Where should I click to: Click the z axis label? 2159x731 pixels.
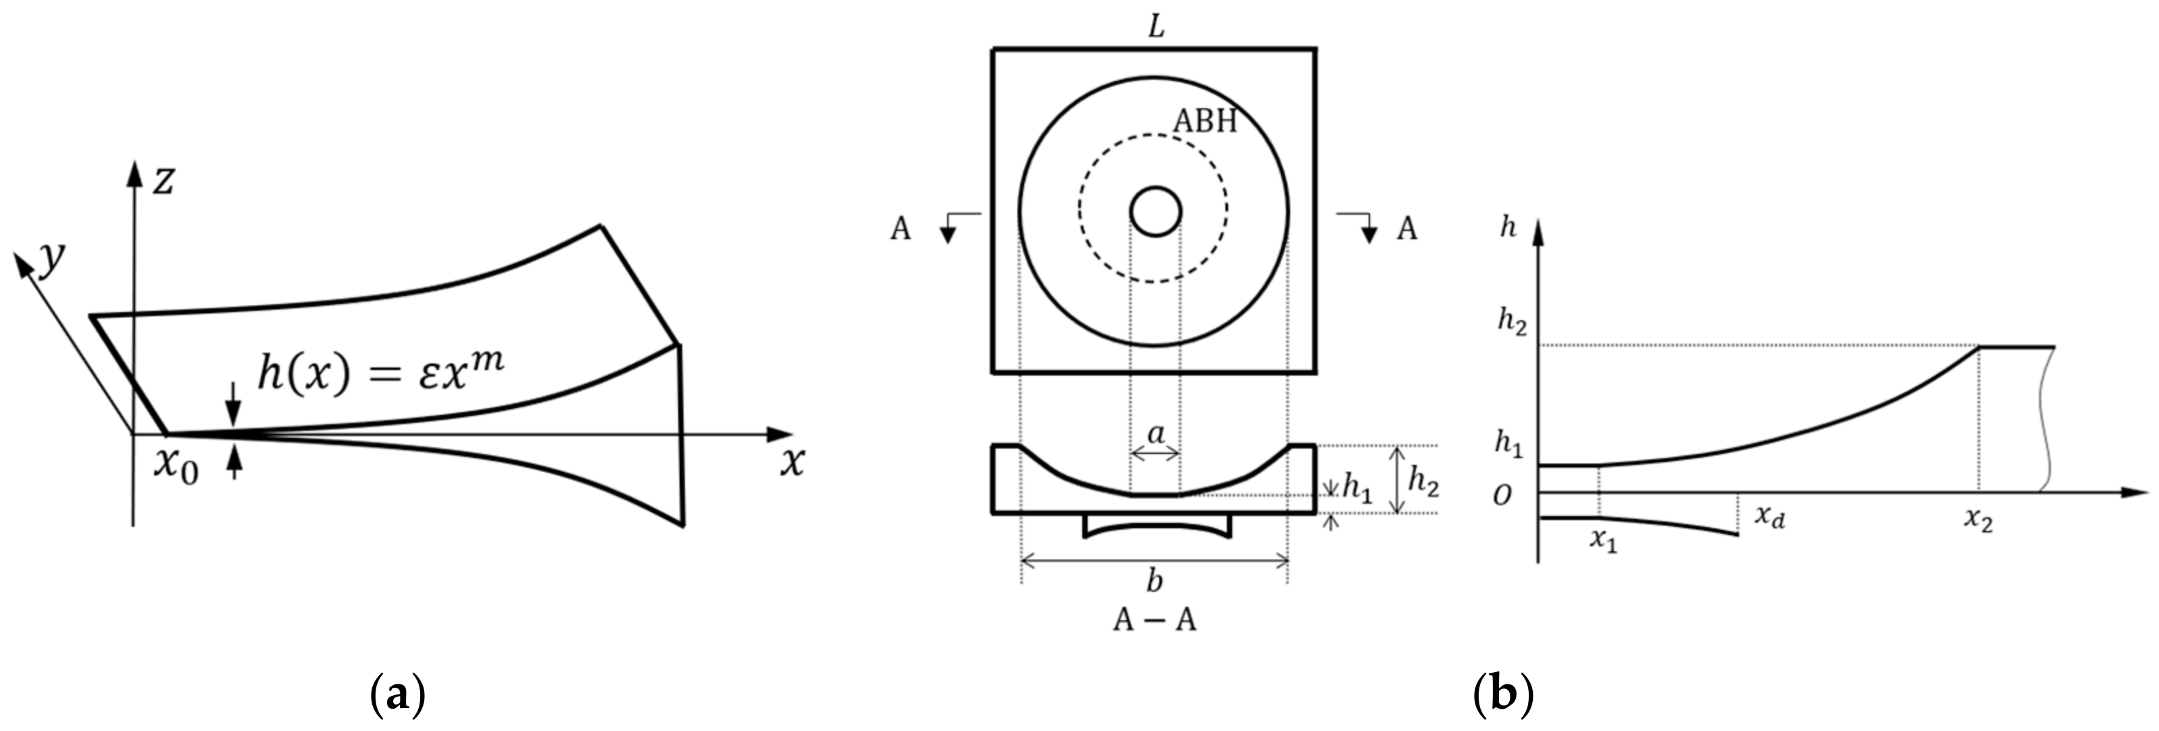tap(163, 180)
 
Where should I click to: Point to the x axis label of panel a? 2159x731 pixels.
tap(792, 462)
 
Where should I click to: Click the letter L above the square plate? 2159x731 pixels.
tap(1156, 27)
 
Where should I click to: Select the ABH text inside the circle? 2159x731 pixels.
tap(1204, 122)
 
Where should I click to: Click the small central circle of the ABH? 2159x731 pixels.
tap(1155, 211)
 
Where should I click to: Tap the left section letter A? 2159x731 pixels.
tap(900, 229)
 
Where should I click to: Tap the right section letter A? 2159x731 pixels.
tap(1406, 229)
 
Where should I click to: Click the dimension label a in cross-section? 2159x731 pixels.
tap(1156, 434)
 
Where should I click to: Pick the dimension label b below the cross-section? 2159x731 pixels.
tap(1155, 580)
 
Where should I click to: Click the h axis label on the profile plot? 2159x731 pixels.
tap(1508, 226)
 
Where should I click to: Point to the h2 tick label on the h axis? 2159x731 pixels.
tap(1512, 322)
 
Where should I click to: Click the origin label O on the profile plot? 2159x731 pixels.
tap(1503, 497)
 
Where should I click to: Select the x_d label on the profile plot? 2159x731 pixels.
tap(1770, 516)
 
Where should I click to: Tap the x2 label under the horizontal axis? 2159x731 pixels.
tap(1978, 521)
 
